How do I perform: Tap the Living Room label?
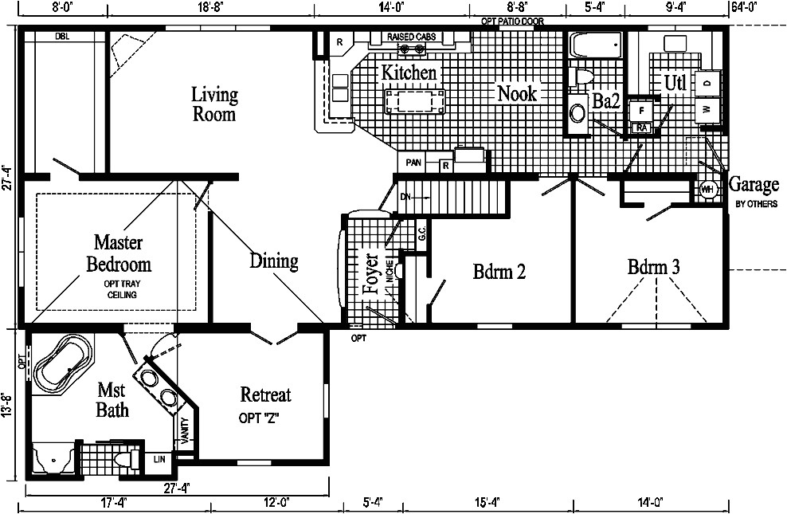214,104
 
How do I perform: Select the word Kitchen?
409,73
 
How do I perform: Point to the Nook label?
517,93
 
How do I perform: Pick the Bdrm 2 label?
499,272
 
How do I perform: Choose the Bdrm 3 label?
653,267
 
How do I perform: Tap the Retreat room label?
265,394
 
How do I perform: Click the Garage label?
754,185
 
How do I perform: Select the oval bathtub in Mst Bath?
65,366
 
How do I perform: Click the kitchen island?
414,102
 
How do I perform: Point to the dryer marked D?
707,81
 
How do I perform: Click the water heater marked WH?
707,190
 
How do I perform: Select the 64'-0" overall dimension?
742,7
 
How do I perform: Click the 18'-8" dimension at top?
210,7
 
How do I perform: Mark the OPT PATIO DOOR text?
512,22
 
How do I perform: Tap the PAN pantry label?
413,163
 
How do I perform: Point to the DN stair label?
405,196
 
